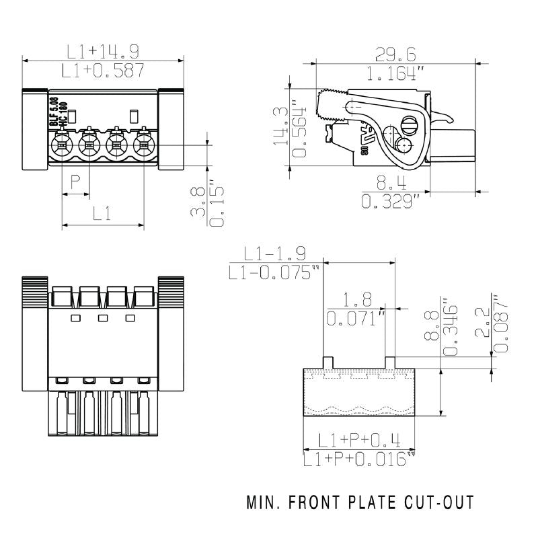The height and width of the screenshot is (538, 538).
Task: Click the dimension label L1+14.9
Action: (102, 51)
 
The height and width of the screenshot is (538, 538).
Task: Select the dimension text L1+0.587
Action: (102, 69)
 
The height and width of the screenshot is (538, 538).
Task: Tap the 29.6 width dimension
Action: (395, 54)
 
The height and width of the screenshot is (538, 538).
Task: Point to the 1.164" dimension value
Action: (395, 73)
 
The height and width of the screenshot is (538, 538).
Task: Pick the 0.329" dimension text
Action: (390, 200)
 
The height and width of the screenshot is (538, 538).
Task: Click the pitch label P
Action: (76, 182)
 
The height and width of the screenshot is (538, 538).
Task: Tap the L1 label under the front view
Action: (102, 215)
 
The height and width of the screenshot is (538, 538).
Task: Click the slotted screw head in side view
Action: (408, 124)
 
